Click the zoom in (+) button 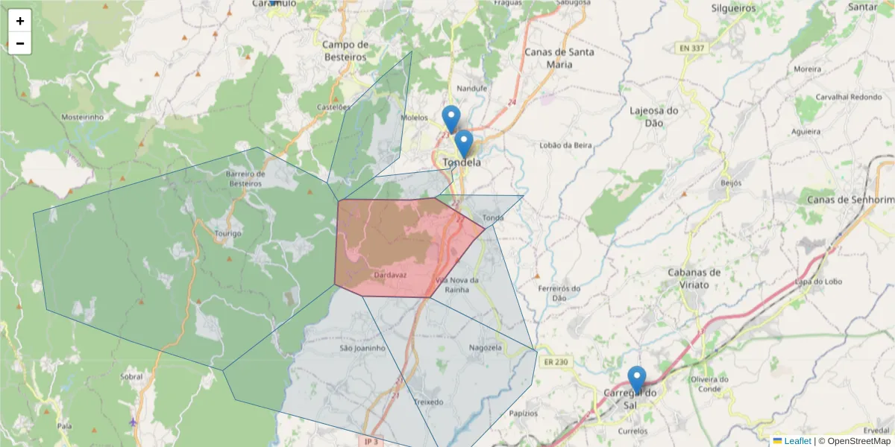click(20, 21)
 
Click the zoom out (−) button click(20, 43)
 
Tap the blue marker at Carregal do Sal click(636, 378)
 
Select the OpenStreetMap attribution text click(858, 441)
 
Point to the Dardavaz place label click(389, 274)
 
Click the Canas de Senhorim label click(850, 200)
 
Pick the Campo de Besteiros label click(345, 51)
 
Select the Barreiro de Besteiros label click(245, 178)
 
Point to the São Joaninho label click(362, 348)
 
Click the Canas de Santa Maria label click(559, 58)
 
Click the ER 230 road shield click(556, 362)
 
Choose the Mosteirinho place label click(82, 118)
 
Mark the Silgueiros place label click(734, 9)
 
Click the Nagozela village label click(486, 348)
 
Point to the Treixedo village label click(427, 402)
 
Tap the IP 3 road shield click(371, 441)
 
